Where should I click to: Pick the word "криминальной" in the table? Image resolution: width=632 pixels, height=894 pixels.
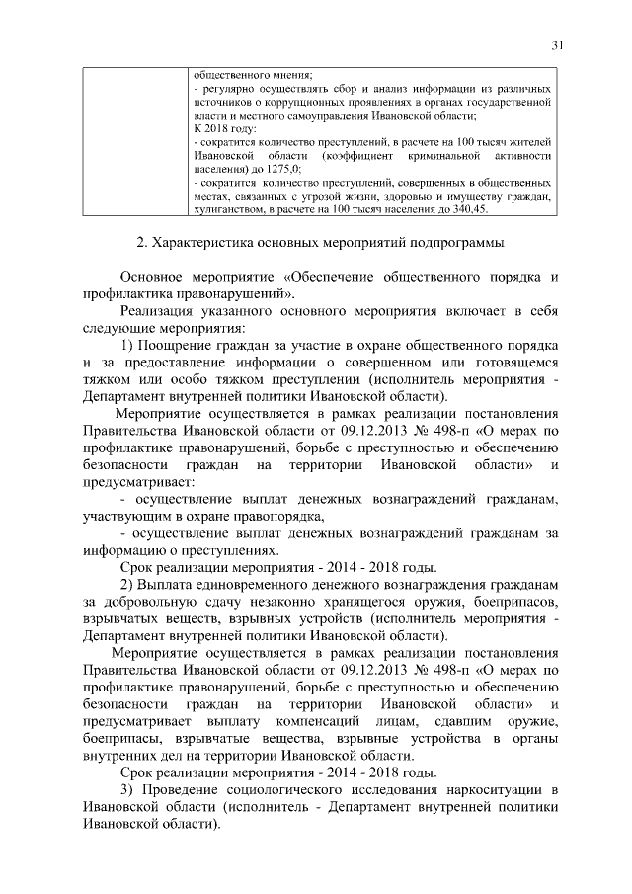pyautogui.click(x=448, y=157)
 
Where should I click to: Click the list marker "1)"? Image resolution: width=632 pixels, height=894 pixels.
pyautogui.click(x=127, y=344)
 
